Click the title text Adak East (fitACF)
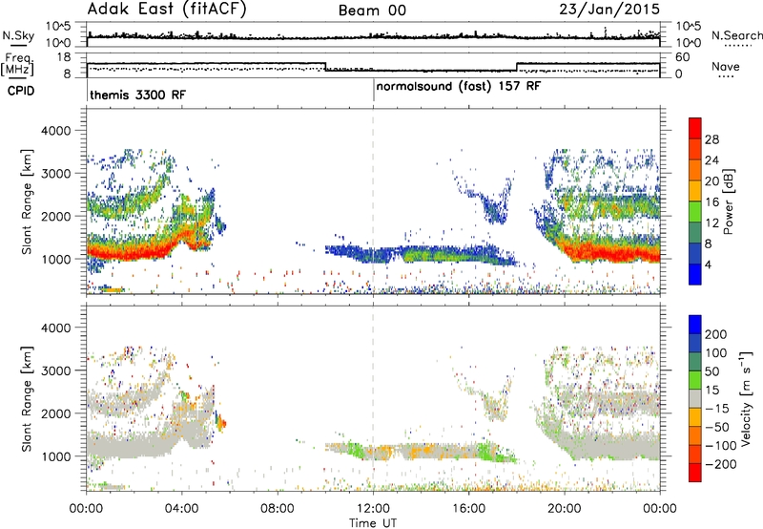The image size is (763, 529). [167, 9]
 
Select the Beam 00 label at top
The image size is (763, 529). [372, 11]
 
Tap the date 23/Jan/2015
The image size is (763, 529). [609, 10]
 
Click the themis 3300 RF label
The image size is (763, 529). [137, 95]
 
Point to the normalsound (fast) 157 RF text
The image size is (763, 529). [459, 86]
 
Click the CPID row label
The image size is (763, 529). [21, 91]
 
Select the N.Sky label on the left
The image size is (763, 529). [18, 35]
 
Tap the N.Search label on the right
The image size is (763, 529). [736, 35]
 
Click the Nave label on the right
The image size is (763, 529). [726, 66]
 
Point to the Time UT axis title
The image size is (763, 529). [373, 522]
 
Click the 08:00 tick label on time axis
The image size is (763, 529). [278, 509]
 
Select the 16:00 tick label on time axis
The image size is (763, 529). [468, 509]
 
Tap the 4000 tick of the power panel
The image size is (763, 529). [56, 131]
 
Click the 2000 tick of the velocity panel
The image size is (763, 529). [56, 413]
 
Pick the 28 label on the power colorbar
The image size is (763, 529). [711, 139]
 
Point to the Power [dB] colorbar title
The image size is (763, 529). [728, 201]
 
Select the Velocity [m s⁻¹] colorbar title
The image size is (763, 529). [746, 398]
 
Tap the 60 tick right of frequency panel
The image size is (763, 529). [683, 57]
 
